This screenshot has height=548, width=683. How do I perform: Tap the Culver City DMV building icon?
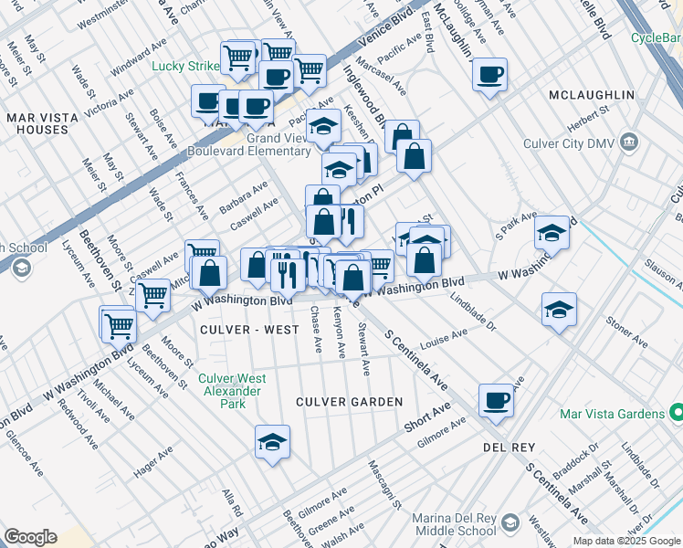point(630,142)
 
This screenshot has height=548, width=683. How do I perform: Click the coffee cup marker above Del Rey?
point(496,399)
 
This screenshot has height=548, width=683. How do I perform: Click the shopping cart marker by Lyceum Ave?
point(117,323)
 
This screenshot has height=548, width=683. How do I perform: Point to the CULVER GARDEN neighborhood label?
point(349,402)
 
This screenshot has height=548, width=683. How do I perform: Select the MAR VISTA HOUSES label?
point(37,124)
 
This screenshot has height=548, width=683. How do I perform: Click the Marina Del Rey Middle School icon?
point(510,523)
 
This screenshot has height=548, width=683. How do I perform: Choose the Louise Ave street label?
point(444,340)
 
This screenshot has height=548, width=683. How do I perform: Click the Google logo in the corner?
point(29,537)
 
